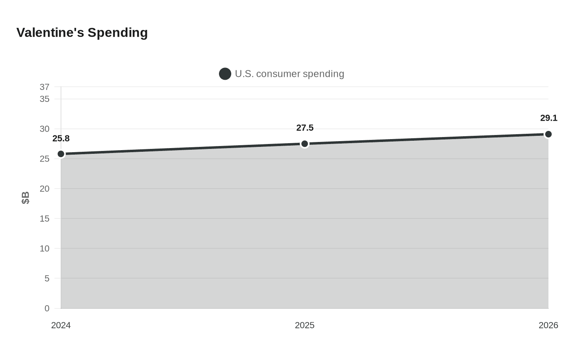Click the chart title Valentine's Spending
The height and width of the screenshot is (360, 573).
pyautogui.click(x=82, y=32)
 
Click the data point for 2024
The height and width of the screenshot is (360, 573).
pyautogui.click(x=61, y=154)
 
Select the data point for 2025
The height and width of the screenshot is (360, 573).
pyautogui.click(x=305, y=144)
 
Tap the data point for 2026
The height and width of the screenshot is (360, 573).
pyautogui.click(x=548, y=134)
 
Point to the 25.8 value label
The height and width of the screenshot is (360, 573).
pyautogui.click(x=61, y=139)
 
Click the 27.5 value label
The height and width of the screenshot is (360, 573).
pyautogui.click(x=305, y=128)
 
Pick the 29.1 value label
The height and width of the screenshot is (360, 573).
pyautogui.click(x=548, y=118)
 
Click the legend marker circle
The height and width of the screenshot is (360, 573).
pyautogui.click(x=225, y=74)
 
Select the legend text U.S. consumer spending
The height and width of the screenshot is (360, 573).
pyautogui.click(x=289, y=74)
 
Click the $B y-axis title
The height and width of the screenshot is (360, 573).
pyautogui.click(x=25, y=198)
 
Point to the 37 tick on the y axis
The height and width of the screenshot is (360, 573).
pyautogui.click(x=45, y=87)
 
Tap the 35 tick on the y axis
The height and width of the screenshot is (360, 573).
pyautogui.click(x=45, y=99)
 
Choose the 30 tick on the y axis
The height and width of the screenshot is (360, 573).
pyautogui.click(x=45, y=129)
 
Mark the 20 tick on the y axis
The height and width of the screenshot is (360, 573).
pyautogui.click(x=45, y=189)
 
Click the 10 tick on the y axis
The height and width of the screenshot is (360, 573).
pyautogui.click(x=45, y=248)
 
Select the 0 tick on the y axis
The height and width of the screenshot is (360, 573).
pyautogui.click(x=47, y=308)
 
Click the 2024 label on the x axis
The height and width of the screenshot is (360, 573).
pyautogui.click(x=61, y=325)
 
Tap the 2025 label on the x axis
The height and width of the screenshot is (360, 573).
pyautogui.click(x=305, y=325)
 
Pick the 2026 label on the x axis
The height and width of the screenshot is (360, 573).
pyautogui.click(x=548, y=325)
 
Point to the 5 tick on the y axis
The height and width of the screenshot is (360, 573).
pyautogui.click(x=47, y=278)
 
